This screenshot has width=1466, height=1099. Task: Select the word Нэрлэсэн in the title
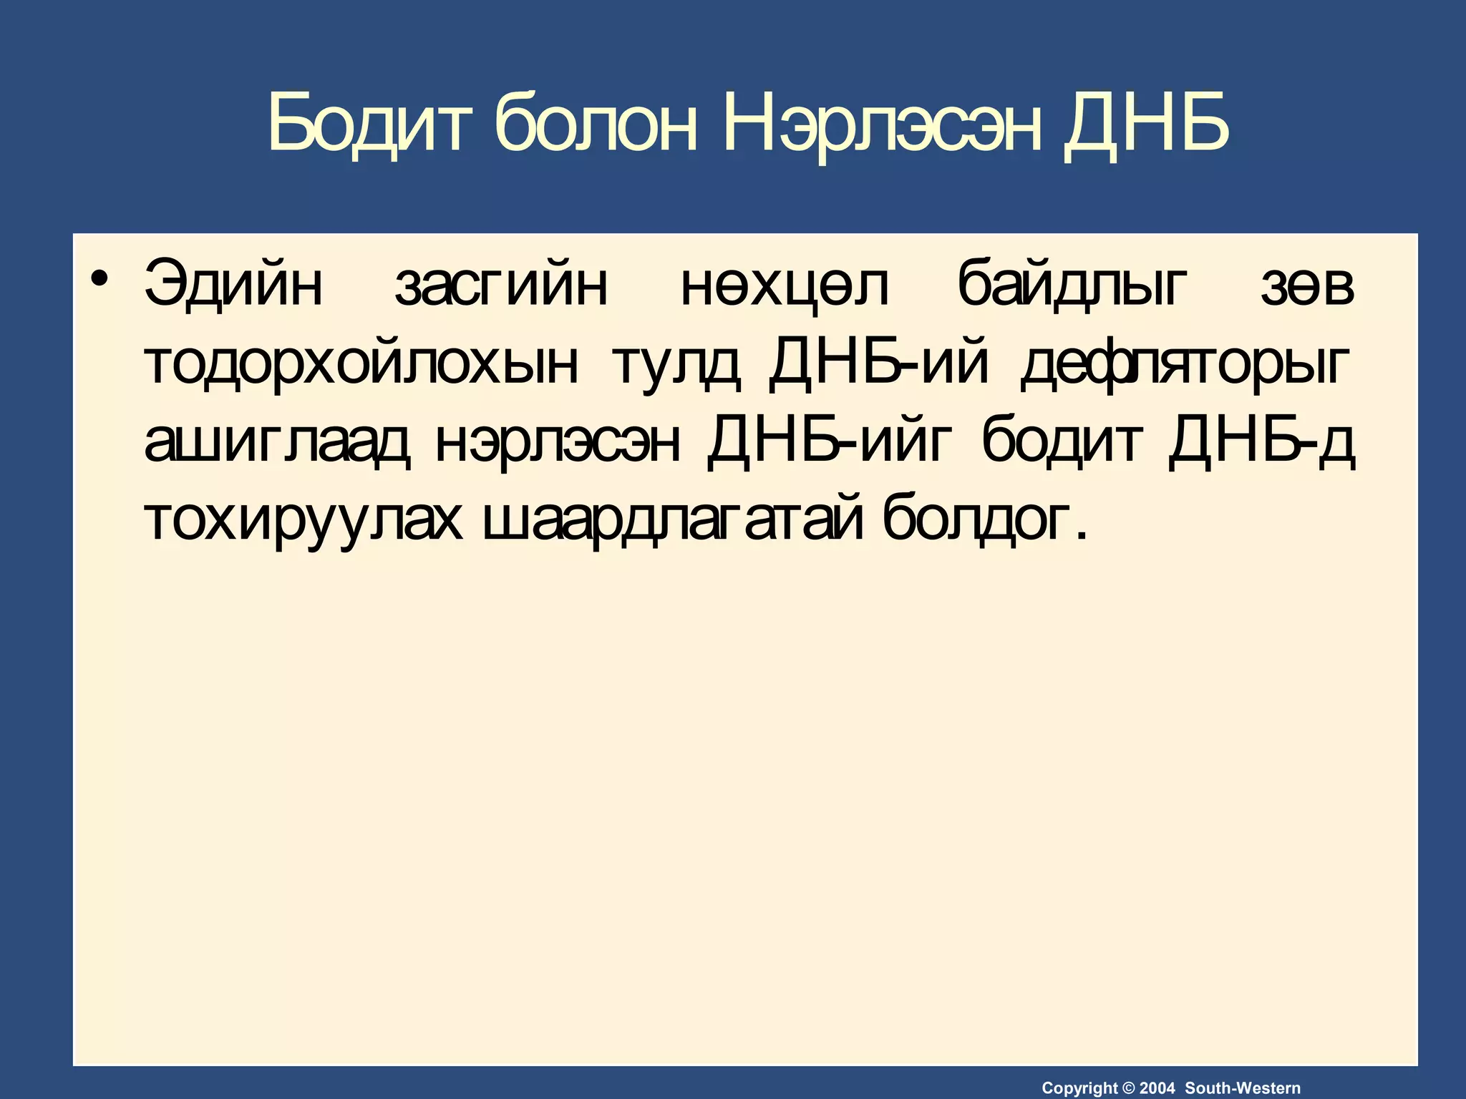point(882,124)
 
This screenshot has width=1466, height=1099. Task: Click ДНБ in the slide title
point(1145,124)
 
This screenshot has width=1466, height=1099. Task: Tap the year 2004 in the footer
point(1157,1088)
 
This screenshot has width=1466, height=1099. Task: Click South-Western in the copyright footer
point(1243,1088)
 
